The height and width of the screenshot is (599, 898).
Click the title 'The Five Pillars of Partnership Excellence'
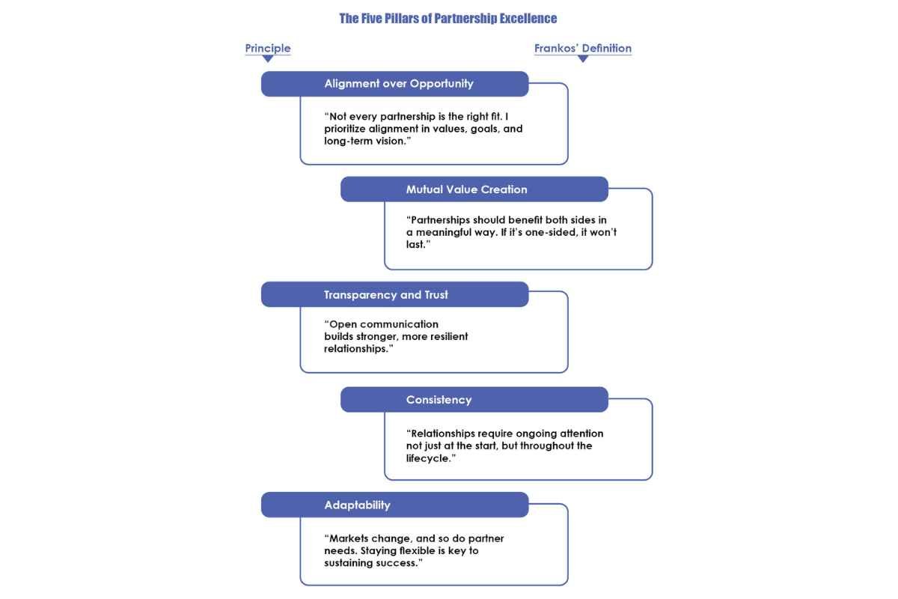448,19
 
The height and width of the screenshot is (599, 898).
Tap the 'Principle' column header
268,48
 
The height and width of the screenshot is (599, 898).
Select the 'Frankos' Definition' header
582,48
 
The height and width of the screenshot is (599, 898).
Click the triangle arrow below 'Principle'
268,59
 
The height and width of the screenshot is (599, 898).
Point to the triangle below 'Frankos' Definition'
583,59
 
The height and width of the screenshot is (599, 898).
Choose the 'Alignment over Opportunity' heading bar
395,84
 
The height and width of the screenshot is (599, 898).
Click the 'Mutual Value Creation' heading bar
474,189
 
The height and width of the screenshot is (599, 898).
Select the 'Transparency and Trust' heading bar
395,294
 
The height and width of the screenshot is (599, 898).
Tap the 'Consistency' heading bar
474,400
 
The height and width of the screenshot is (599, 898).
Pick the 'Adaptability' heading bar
395,505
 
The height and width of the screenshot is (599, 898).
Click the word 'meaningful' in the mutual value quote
443,233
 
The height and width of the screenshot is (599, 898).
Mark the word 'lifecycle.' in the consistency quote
431,458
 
